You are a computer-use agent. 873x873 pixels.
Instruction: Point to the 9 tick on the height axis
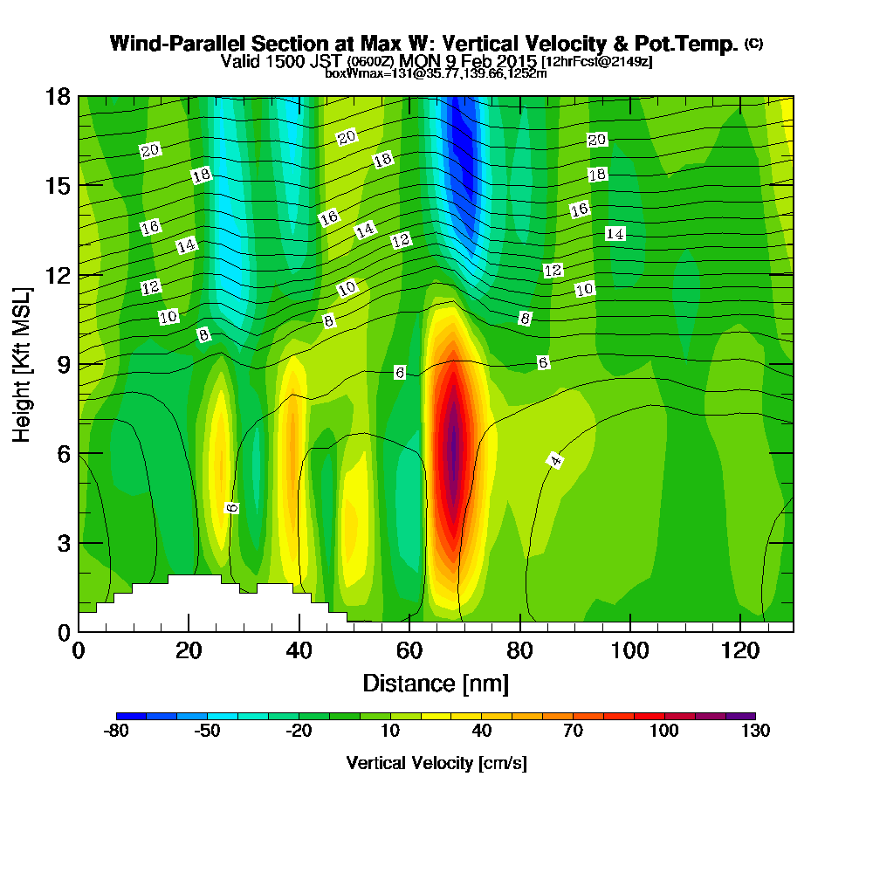79,364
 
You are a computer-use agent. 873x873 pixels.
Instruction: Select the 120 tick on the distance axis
739,631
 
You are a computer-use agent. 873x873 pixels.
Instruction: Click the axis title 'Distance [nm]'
435,682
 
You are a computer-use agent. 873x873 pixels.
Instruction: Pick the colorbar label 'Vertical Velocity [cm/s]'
436,763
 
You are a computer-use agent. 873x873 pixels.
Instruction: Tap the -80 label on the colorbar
116,732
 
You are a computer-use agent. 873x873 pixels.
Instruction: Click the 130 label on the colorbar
755,732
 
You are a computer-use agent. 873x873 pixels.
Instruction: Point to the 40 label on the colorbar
481,732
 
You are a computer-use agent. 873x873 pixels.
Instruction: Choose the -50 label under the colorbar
207,732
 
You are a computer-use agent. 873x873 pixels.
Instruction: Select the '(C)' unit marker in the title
753,43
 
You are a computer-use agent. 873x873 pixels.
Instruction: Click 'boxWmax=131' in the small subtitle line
358,73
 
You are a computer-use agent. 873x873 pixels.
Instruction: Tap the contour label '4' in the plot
555,460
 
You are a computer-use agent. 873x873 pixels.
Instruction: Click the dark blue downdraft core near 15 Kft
462,166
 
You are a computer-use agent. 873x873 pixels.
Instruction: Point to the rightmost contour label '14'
615,234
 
